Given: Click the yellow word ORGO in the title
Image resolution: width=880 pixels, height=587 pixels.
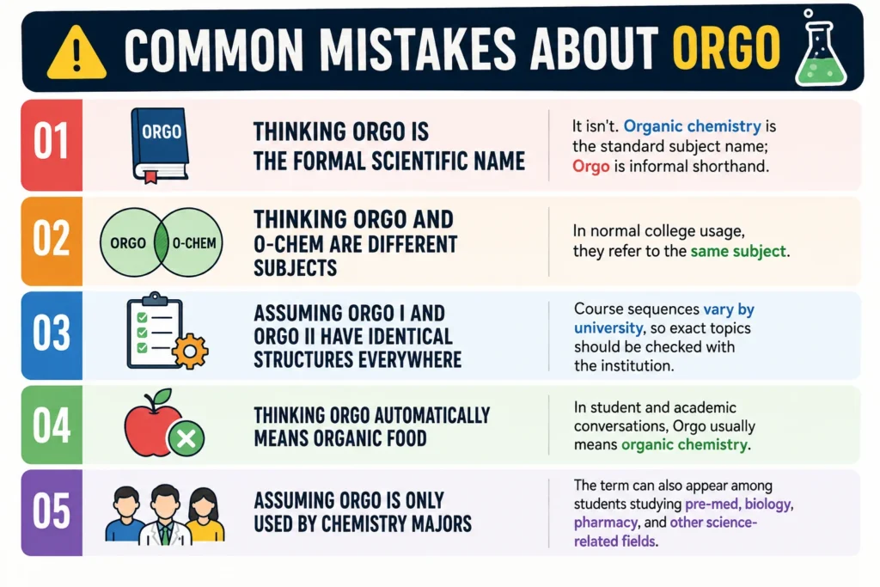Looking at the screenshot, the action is pos(726,48).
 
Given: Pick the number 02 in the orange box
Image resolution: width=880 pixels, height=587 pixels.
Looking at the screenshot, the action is pos(51,239).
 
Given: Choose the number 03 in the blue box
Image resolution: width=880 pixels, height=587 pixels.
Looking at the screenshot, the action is pos(51,333).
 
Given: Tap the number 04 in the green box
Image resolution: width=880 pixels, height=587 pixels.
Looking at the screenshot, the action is pos(51,425).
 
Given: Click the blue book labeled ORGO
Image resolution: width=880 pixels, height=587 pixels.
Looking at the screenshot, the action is pos(159,145).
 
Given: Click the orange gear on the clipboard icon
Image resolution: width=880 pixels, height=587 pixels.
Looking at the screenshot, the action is pos(190,351).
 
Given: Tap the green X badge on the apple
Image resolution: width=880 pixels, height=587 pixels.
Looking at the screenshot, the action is pos(186,438).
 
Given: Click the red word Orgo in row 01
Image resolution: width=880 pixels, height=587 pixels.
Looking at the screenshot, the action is pos(590,167).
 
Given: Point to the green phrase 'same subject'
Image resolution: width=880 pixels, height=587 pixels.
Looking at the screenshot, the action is pos(737,251).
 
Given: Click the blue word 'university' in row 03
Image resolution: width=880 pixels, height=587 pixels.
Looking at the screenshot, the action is pos(608,327).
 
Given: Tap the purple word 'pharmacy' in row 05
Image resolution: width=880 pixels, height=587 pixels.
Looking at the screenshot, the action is pos(606,523).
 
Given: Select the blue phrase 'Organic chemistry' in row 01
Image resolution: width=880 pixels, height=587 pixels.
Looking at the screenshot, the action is pos(692,126).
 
